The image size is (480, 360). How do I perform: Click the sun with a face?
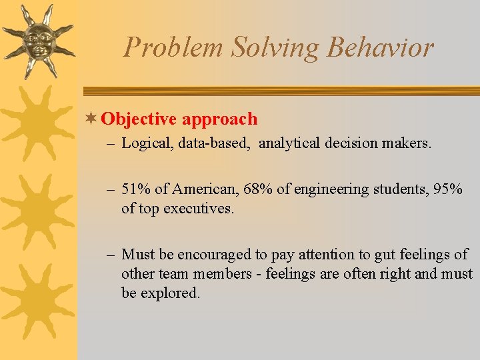pos(39,40)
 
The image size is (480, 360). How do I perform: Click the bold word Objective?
pos(139,119)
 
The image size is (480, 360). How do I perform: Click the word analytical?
pos(290,143)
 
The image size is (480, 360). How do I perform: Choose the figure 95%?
pos(448,189)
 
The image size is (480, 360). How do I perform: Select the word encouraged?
pos(211,255)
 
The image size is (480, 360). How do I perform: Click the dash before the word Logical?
pos(111,143)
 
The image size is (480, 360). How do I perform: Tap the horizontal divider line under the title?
pos(280,91)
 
